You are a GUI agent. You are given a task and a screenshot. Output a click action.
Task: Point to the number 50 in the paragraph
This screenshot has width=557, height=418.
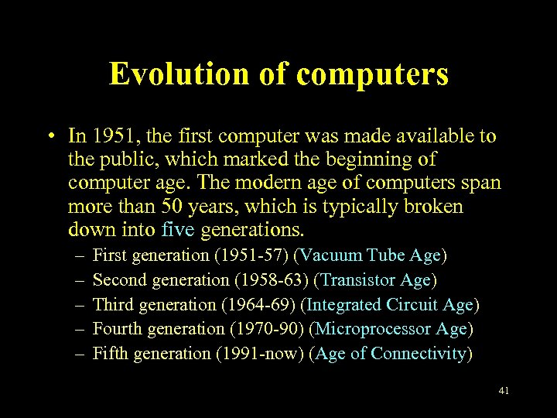pyautogui.click(x=169, y=207)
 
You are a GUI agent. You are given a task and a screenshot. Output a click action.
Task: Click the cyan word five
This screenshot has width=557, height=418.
pyautogui.click(x=179, y=230)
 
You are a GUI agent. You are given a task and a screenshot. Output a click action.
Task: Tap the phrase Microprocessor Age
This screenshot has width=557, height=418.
pyautogui.click(x=391, y=329)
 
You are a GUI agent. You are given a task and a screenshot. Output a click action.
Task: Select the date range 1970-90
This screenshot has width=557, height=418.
pyautogui.click(x=268, y=329)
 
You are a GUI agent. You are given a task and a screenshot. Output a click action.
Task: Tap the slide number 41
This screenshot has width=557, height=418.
pyautogui.click(x=504, y=391)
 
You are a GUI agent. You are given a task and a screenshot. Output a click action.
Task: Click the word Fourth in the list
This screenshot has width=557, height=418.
pyautogui.click(x=115, y=329)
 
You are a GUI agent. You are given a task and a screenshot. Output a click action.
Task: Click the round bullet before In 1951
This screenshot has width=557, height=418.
pyautogui.click(x=49, y=138)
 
